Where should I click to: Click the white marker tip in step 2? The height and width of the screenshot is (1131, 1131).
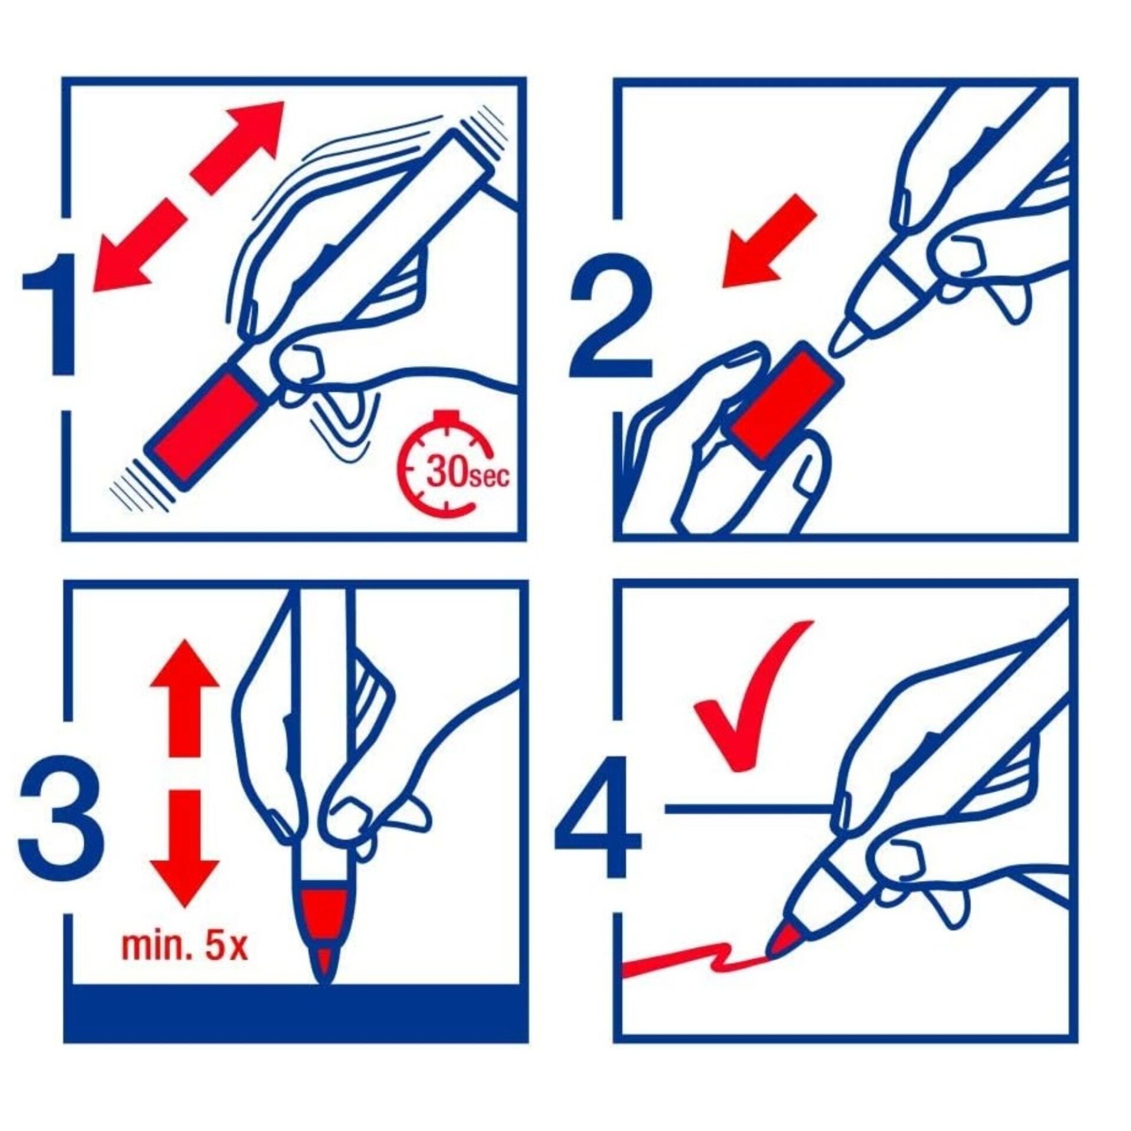[x=846, y=339]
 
